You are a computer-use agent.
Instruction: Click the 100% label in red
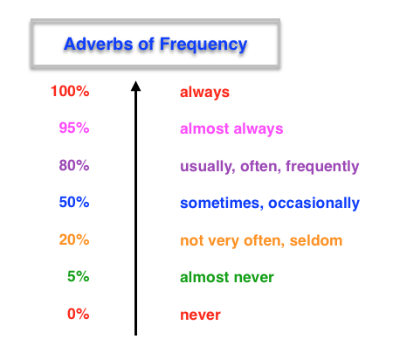(x=70, y=91)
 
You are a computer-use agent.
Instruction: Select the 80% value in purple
(x=73, y=166)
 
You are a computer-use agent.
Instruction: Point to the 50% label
(x=73, y=203)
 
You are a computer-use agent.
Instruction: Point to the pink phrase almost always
(x=231, y=128)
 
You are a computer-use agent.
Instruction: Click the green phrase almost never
(x=227, y=278)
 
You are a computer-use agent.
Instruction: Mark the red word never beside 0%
(x=200, y=315)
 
